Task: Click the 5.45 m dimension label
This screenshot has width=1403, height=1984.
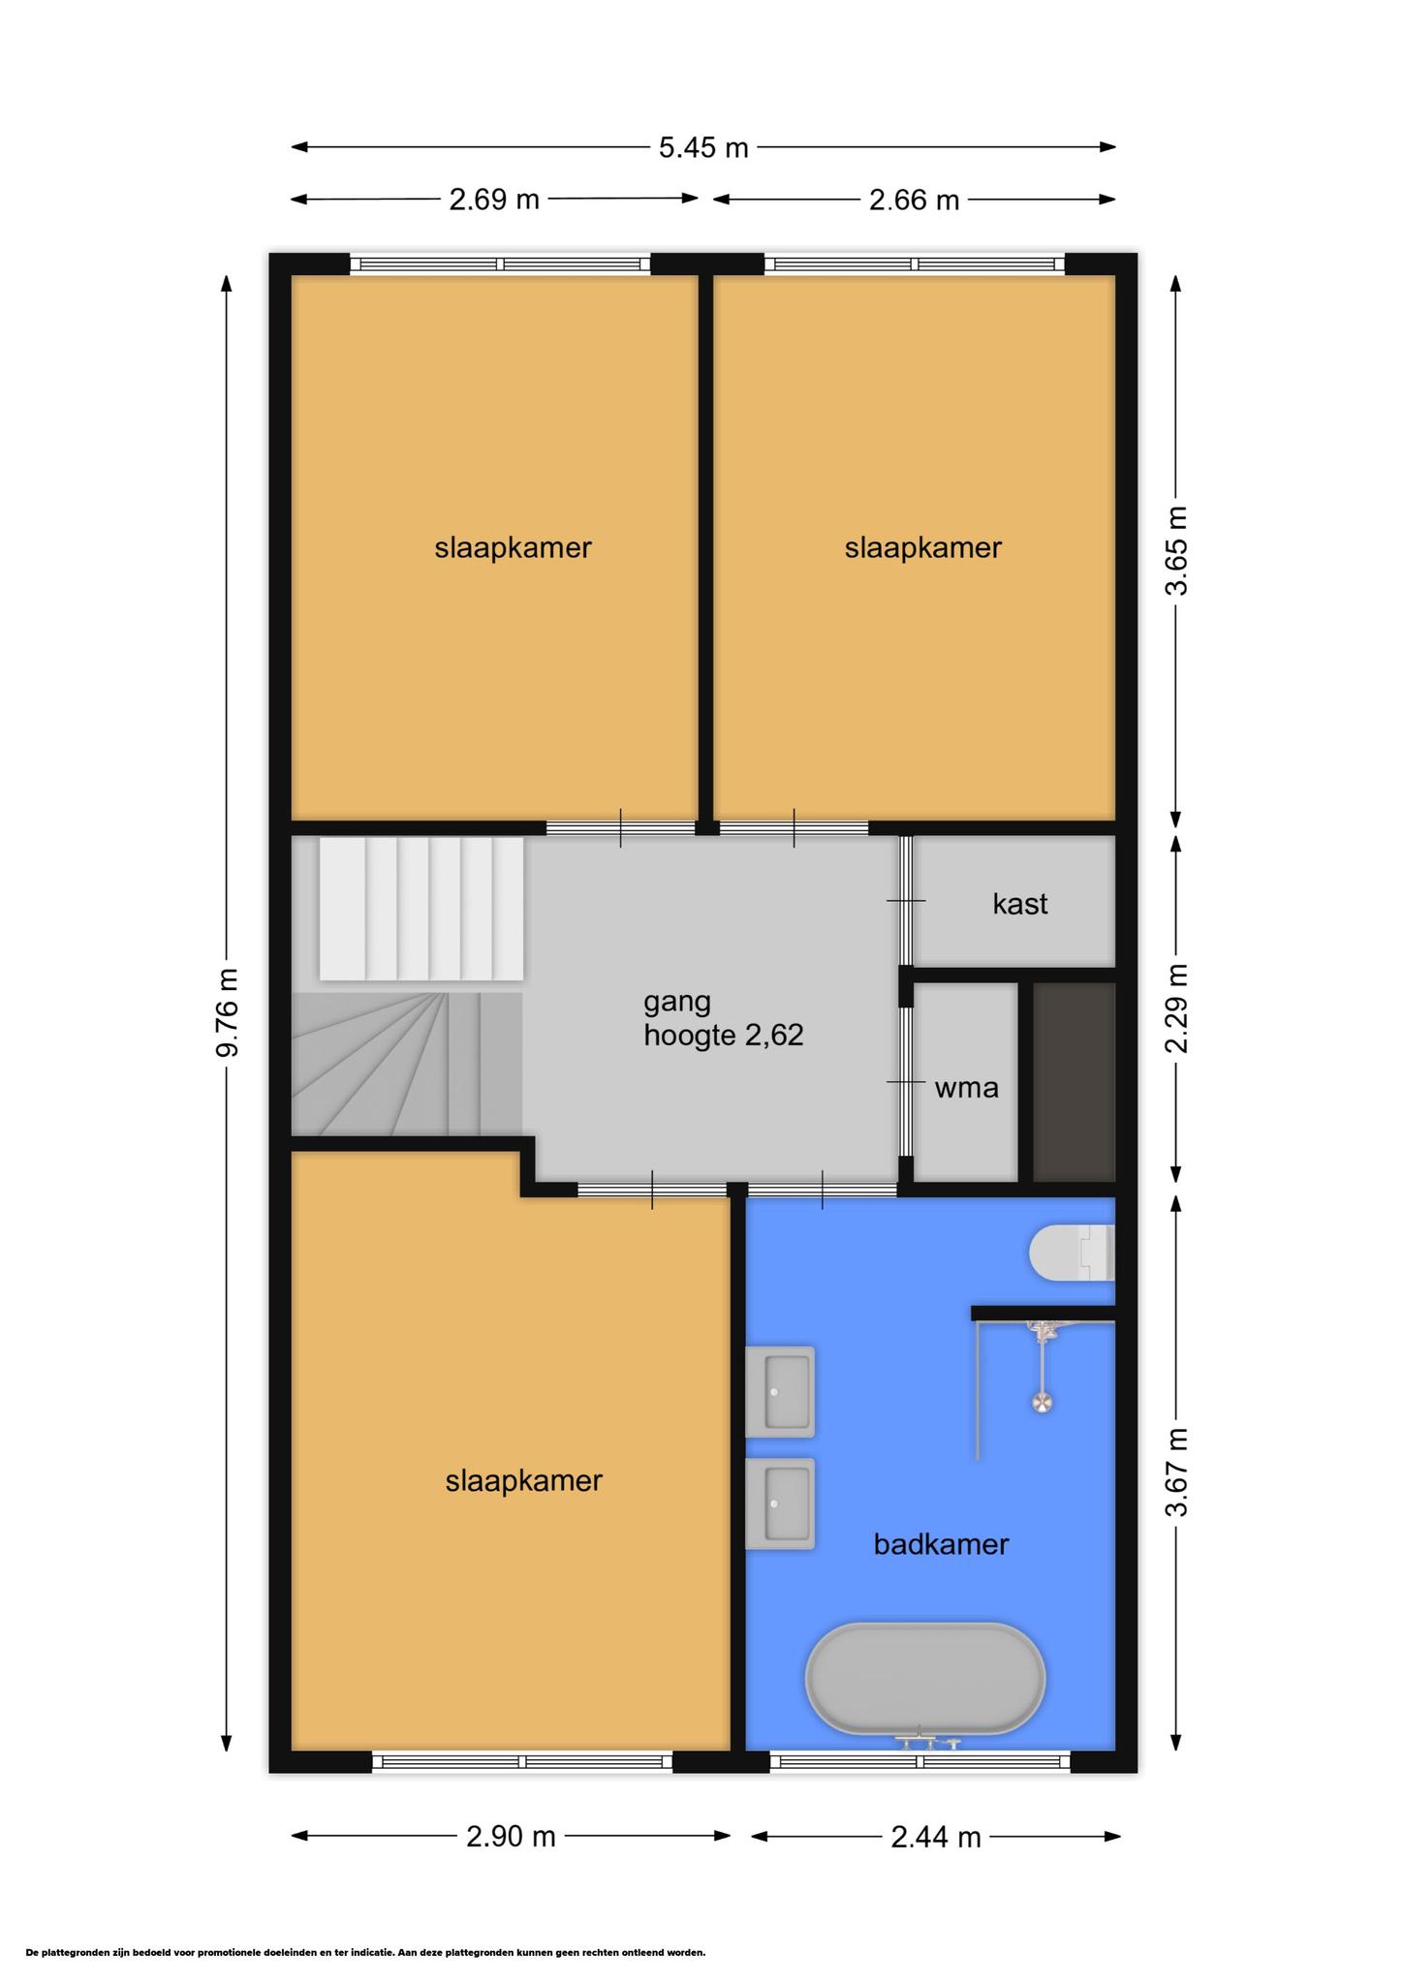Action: tap(703, 147)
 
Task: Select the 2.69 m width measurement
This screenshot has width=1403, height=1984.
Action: tap(494, 200)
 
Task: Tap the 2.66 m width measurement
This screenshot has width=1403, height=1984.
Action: tap(914, 200)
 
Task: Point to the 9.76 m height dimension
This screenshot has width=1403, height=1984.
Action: tap(226, 1012)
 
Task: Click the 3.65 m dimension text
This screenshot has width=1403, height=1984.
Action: tap(1176, 550)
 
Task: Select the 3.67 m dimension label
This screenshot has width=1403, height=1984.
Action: tap(1176, 1472)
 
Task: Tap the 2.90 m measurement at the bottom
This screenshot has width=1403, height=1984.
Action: tap(511, 1836)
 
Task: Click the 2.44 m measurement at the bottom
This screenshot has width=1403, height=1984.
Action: tap(936, 1836)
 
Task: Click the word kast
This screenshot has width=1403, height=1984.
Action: tap(1020, 904)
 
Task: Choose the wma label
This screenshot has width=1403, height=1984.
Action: tap(966, 1088)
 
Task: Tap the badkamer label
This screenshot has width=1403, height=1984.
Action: tap(941, 1544)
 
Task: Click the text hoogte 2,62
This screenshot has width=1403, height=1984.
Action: tap(724, 1036)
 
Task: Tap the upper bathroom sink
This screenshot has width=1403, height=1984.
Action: tap(780, 1391)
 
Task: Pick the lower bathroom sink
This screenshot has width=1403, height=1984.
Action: tap(780, 1503)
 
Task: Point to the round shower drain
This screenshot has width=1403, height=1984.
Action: tap(1043, 1402)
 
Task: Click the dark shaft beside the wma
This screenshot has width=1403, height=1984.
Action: tap(1075, 1082)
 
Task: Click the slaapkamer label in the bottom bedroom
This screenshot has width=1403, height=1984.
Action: tap(524, 1481)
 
